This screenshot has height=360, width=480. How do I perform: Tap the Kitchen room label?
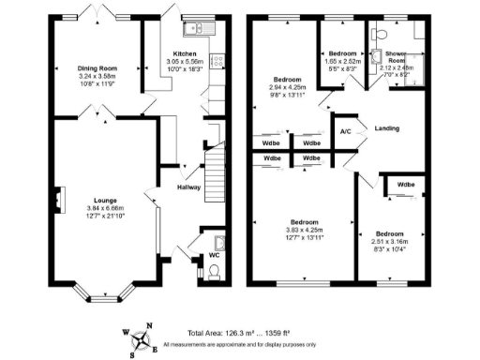pyautogui.click(x=183, y=53)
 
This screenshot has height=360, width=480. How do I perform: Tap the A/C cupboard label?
pyautogui.click(x=345, y=130)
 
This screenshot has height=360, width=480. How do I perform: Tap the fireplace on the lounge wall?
pyautogui.click(x=57, y=200)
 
